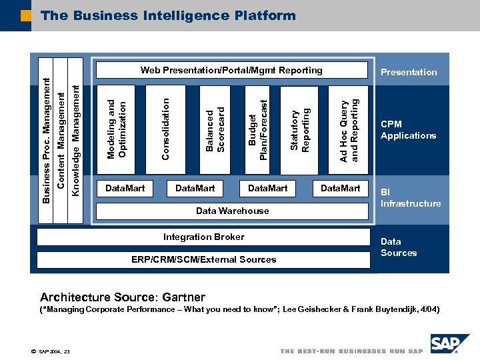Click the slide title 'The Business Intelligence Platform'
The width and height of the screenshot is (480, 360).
tap(167, 15)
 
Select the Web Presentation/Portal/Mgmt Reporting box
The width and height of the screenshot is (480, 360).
tap(231, 71)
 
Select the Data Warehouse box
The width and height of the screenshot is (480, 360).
tap(232, 211)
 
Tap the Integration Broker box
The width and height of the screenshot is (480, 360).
tap(203, 237)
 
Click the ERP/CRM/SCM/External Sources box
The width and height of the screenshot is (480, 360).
tap(203, 260)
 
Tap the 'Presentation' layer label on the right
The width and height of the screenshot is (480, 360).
tap(409, 72)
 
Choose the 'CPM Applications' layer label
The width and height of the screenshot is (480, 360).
tap(408, 130)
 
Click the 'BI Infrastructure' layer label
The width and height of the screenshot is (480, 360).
tap(410, 198)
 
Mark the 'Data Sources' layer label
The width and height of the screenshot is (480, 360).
tap(399, 247)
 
